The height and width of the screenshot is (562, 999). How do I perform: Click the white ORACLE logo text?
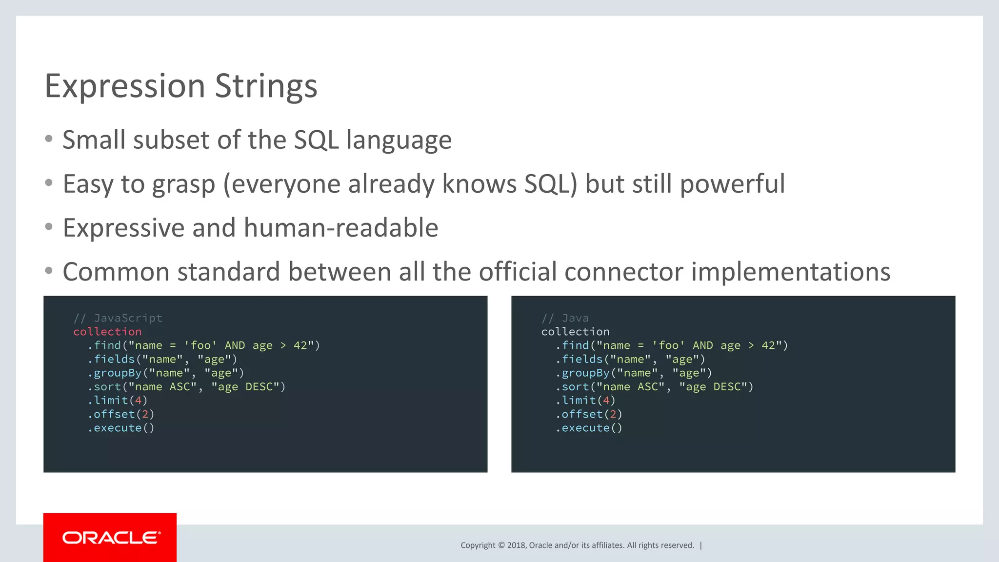(111, 538)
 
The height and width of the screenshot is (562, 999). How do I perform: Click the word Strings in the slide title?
(266, 86)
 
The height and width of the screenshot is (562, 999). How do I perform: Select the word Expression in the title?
(125, 86)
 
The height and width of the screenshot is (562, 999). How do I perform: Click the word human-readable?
(341, 228)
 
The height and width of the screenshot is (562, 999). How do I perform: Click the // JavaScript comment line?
(118, 318)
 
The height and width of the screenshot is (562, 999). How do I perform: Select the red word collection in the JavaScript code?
(107, 332)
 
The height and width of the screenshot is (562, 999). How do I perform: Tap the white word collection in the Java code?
(575, 332)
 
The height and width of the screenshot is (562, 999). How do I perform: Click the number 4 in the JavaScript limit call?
(138, 401)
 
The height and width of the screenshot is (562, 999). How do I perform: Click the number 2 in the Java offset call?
(613, 414)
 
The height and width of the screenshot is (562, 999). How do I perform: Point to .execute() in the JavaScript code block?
(121, 428)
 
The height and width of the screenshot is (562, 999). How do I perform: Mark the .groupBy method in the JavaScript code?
(115, 373)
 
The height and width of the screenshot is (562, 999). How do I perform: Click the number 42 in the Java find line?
(768, 345)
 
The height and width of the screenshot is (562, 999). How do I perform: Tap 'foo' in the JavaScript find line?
(200, 345)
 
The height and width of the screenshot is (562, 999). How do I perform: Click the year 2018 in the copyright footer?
(516, 545)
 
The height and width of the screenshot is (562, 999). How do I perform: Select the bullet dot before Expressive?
(48, 227)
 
